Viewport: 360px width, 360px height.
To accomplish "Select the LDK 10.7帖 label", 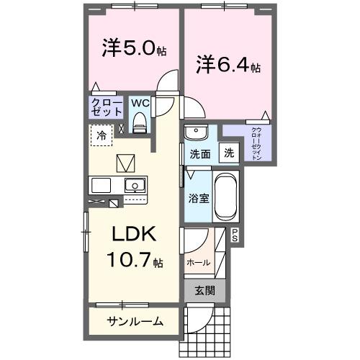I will [132, 248].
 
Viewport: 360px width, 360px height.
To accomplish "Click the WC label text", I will [140, 103].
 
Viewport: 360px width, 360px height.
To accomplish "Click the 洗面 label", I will [199, 153].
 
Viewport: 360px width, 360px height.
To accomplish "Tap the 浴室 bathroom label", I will [199, 197].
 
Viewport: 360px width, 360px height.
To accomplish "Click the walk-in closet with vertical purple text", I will [256, 143].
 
